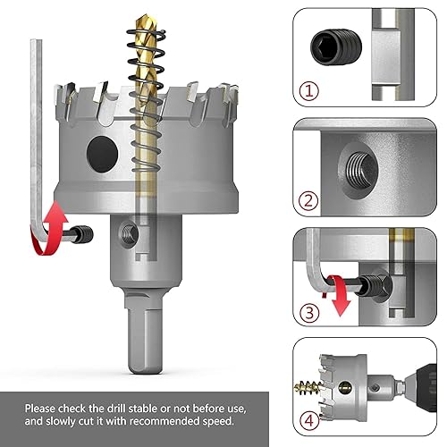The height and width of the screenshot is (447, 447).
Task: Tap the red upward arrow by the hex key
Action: (x=56, y=217)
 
